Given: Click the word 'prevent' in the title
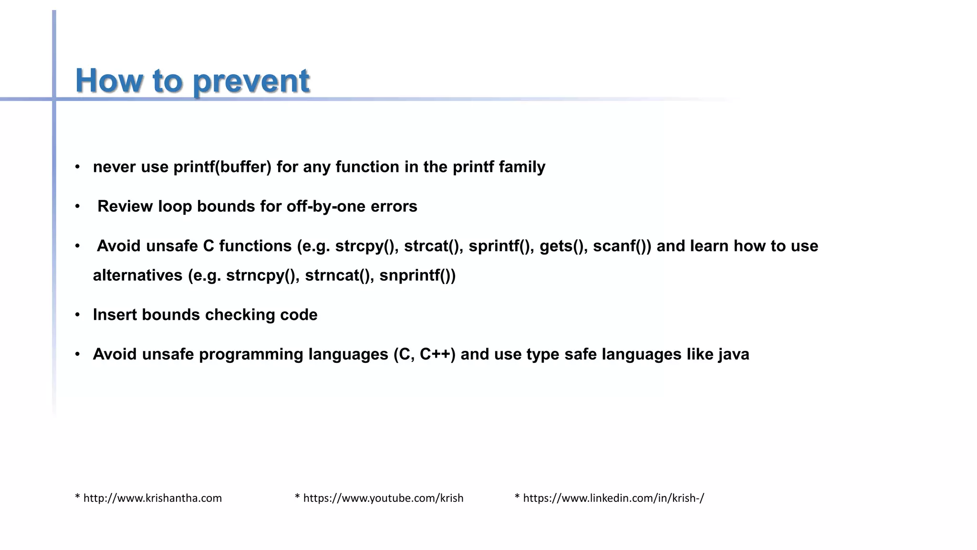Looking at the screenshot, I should [251, 81].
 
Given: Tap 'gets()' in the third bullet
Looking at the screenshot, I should [563, 246].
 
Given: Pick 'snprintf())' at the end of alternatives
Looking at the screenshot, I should [417, 275].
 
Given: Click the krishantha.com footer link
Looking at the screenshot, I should [152, 498].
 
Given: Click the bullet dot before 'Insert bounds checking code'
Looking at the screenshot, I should [77, 315].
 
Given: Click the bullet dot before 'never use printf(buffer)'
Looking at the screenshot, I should [77, 167].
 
